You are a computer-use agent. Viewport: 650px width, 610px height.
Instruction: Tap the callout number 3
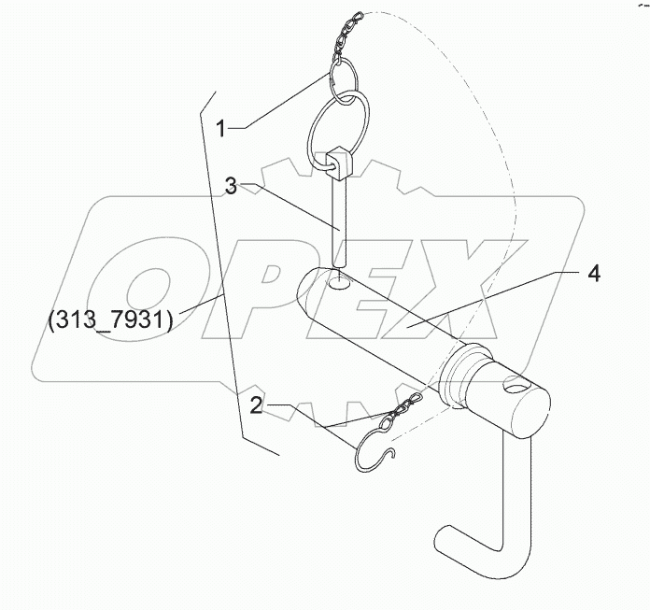click(231, 185)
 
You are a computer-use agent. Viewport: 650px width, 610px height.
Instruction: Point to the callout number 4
click(594, 275)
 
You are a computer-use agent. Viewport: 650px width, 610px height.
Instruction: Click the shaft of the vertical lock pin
click(340, 224)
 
